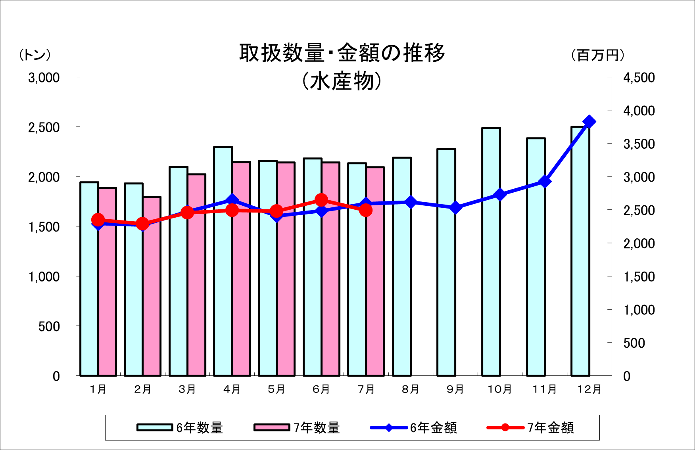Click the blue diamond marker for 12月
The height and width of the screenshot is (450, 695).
coord(589,122)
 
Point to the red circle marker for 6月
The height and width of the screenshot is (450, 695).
coord(321,200)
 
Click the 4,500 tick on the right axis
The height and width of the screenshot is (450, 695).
coord(639,78)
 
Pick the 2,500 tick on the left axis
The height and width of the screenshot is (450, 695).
coord(44,128)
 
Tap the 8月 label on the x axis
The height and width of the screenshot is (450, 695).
coord(410,389)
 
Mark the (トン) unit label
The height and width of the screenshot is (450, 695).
coord(35,55)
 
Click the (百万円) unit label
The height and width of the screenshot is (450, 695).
coord(598,55)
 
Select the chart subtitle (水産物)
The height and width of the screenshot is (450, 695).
coord(342,81)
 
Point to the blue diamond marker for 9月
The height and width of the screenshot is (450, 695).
coord(456,207)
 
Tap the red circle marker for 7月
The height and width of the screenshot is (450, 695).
coord(366,210)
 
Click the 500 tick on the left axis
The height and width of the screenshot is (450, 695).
coord(49,327)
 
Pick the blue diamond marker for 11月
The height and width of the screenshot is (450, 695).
coord(545,182)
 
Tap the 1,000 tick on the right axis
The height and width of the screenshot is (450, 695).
coord(639,310)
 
